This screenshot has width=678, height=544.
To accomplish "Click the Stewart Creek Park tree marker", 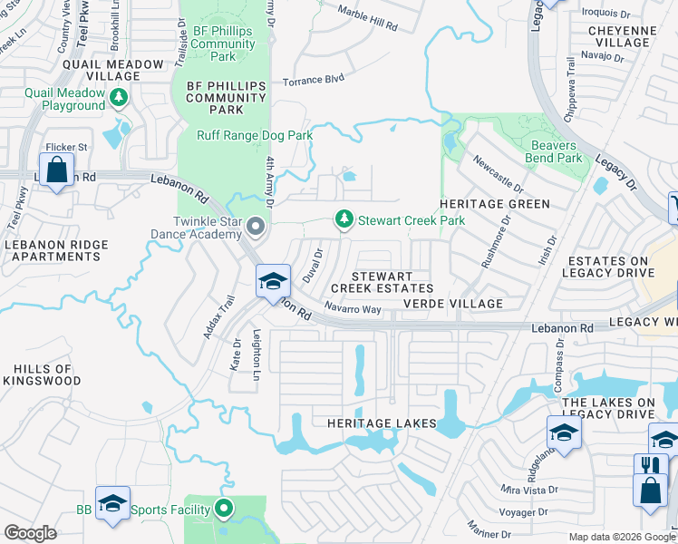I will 344,219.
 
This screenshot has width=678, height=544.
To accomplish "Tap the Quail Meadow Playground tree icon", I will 118,96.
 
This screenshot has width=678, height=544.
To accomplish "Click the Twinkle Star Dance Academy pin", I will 256,227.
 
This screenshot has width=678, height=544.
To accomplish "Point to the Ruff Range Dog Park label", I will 255,136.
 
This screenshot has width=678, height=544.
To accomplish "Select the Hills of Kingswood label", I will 43,375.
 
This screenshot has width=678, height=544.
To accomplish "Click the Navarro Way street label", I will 352,309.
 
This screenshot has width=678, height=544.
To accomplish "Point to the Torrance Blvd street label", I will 313,81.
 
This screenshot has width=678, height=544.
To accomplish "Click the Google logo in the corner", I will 30,533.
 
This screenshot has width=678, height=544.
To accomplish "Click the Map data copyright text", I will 622,537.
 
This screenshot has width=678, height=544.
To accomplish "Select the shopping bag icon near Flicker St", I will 56,170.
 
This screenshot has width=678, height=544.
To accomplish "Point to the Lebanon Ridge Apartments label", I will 55,250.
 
